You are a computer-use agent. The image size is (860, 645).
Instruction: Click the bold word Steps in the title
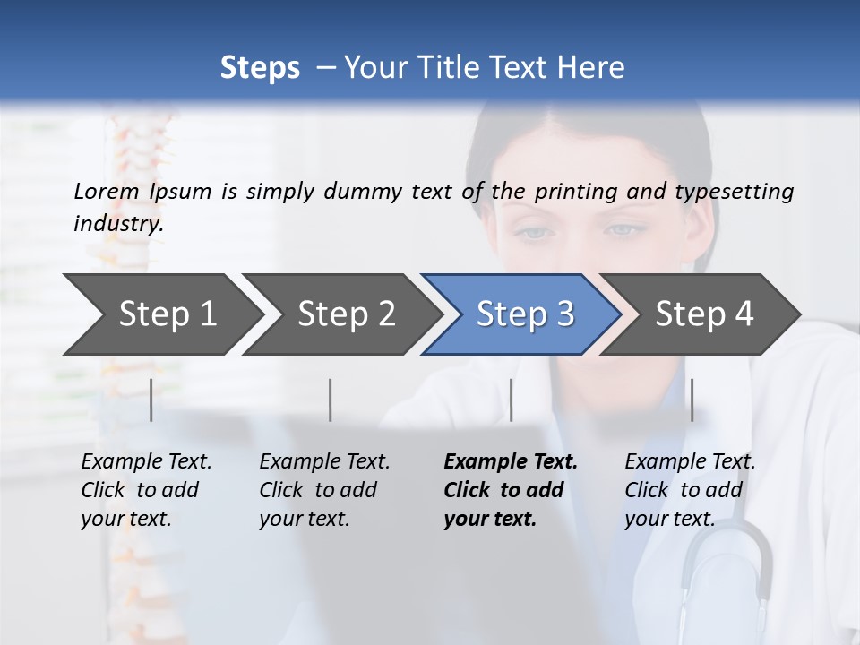pos(260,68)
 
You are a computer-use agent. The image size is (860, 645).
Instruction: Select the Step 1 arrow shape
pos(161,314)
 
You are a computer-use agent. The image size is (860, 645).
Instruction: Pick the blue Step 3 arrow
pos(524,314)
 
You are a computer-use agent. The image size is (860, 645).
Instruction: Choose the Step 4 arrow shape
pos(703,314)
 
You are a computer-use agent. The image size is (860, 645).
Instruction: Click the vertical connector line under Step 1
pos(151,400)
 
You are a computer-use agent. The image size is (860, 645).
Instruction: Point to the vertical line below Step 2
pos(331,400)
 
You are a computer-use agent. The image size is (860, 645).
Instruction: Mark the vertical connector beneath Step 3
pos(512,400)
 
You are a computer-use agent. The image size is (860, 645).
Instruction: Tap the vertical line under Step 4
pos(692,400)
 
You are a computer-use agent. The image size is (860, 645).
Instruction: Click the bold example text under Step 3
pos(510,490)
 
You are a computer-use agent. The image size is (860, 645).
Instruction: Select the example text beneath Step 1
pos(146,490)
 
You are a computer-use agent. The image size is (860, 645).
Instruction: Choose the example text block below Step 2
pos(324,490)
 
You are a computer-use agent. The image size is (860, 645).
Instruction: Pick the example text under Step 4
pos(690,490)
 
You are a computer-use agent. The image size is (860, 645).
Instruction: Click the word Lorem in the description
pos(107,191)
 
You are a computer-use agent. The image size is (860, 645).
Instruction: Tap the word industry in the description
pos(118,224)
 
